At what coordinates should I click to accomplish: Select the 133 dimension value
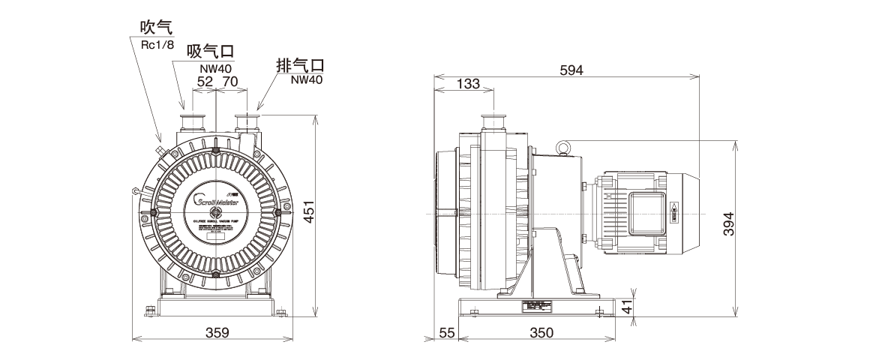[468, 85]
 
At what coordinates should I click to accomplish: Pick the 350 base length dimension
[541, 332]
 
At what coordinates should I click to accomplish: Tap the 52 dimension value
[205, 80]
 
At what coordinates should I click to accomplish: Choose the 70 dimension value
[230, 80]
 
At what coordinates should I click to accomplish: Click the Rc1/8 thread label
[158, 44]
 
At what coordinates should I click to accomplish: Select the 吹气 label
[156, 28]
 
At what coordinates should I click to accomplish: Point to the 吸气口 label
[210, 52]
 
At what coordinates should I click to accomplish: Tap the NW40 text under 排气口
[306, 79]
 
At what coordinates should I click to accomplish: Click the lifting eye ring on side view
[563, 147]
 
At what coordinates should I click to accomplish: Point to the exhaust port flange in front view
[247, 120]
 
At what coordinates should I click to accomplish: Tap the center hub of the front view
[216, 212]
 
